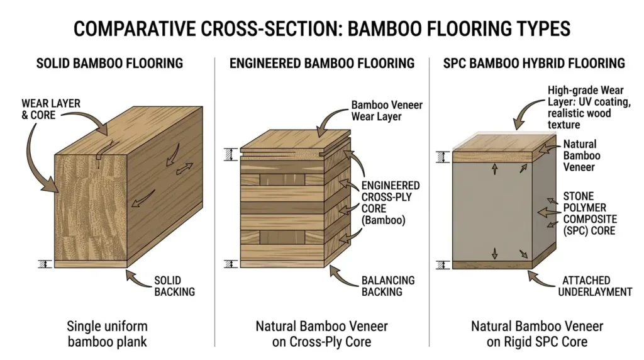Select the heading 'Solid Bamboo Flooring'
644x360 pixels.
point(109,63)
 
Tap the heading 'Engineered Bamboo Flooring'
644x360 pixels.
point(322,63)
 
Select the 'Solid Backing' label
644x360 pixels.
point(174,285)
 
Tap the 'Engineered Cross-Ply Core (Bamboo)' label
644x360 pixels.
point(390,203)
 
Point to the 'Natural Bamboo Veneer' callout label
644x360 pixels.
point(581,155)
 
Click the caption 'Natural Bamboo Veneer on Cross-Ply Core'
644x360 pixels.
point(321,334)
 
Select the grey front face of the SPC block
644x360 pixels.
point(492,211)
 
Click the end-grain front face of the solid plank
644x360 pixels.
point(91,208)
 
